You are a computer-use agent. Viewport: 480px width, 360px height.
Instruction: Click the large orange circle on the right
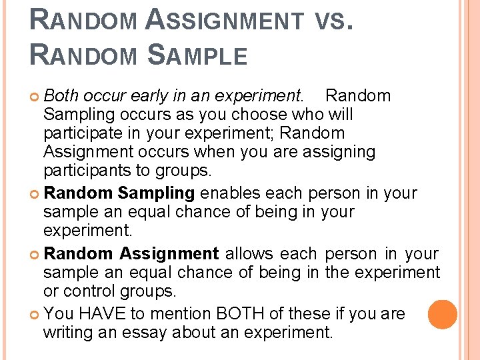coord(443,314)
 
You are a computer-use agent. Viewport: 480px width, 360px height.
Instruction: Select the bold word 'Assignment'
coord(169,254)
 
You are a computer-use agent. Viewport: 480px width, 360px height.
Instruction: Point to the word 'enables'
coord(231,194)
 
